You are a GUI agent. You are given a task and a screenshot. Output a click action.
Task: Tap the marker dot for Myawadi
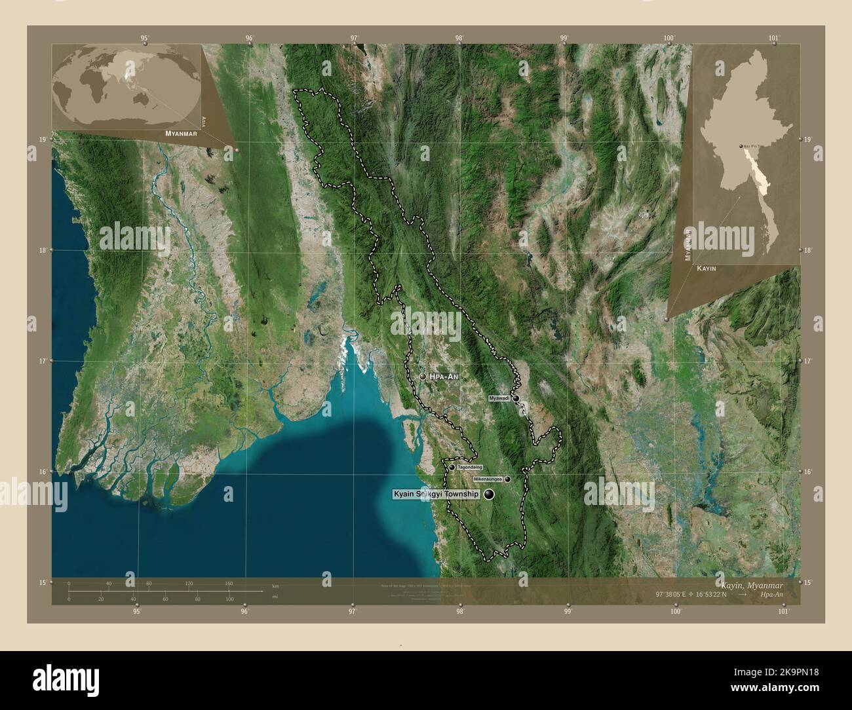pyautogui.click(x=516, y=398)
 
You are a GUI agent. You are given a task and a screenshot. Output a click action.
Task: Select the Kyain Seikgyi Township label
pyautogui.click(x=436, y=495)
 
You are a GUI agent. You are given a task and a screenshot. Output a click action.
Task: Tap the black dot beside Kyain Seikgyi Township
pyautogui.click(x=489, y=495)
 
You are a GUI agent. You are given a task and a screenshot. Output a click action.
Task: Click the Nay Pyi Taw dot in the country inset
pyautogui.click(x=742, y=146)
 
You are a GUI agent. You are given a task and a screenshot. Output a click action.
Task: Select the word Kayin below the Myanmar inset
pyautogui.click(x=707, y=269)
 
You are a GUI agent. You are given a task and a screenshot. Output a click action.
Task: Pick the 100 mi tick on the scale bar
pyautogui.click(x=229, y=599)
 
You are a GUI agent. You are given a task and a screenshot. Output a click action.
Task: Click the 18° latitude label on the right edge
pyautogui.click(x=807, y=250)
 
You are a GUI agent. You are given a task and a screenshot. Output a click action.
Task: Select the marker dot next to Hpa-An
pyautogui.click(x=423, y=377)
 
